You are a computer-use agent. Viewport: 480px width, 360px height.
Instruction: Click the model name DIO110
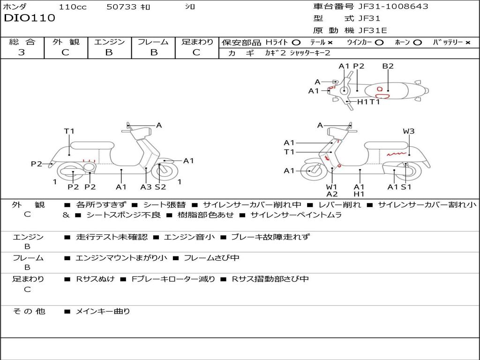[x=30, y=18]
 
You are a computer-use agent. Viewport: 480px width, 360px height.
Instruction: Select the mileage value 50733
[x=121, y=7]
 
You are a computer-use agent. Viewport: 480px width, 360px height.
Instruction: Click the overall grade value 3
[x=22, y=52]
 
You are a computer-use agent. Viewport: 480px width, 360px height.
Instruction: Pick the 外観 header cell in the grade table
[x=66, y=42]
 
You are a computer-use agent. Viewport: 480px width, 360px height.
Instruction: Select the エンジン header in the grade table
[x=109, y=42]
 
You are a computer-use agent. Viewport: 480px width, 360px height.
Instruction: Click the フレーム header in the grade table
[x=153, y=42]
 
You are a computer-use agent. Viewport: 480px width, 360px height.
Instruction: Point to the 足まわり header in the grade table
[x=197, y=42]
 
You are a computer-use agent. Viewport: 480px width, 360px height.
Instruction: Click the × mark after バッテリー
[x=467, y=42]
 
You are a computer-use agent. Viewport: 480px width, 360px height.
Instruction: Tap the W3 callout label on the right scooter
[x=409, y=131]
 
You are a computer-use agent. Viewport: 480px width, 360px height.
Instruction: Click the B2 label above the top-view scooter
[x=388, y=66]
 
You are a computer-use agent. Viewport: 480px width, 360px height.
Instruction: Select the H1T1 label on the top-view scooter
[x=368, y=102]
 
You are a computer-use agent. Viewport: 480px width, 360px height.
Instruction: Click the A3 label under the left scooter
[x=146, y=187]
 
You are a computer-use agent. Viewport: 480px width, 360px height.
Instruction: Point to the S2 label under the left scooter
[x=160, y=187]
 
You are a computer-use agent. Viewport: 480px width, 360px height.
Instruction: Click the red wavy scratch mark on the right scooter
[x=397, y=153]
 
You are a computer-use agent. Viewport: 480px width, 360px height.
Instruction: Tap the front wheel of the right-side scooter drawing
[x=310, y=171]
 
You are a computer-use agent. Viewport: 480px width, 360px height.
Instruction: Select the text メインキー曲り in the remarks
[x=103, y=311]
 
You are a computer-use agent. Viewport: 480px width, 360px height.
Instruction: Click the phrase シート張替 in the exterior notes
[x=164, y=205]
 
